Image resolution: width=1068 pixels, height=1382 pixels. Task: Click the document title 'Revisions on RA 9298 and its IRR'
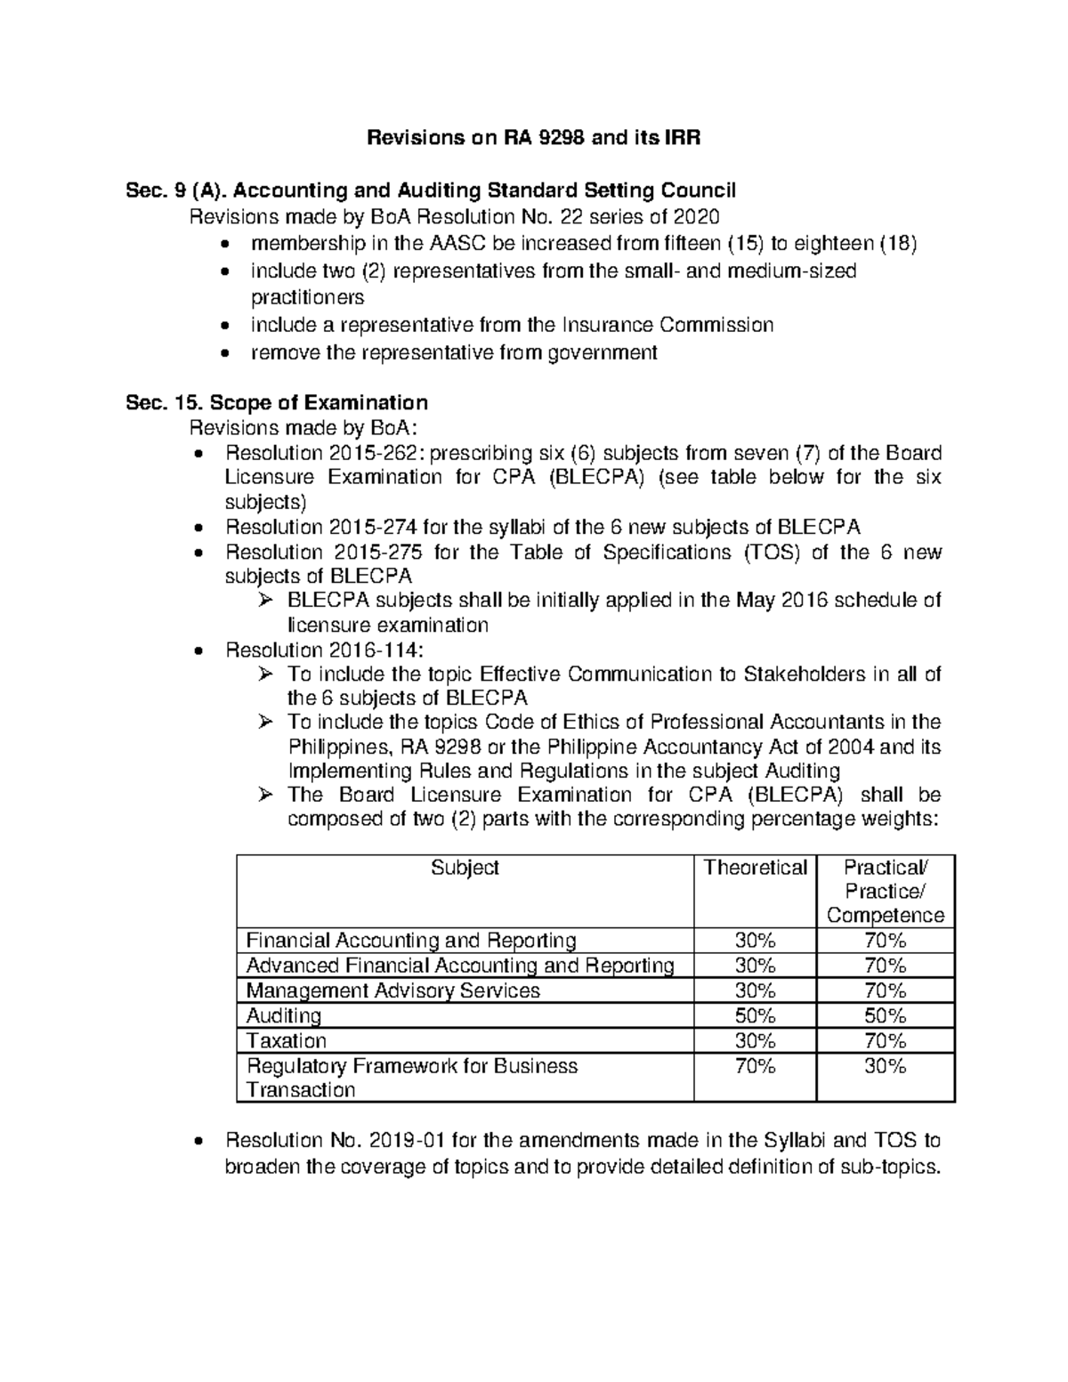535,138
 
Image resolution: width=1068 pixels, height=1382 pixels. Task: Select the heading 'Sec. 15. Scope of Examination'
277,402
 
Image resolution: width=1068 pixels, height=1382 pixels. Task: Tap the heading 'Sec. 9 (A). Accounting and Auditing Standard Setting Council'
431,190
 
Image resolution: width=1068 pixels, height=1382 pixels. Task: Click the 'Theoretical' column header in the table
755,868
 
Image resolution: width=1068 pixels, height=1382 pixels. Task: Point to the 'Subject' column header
465,868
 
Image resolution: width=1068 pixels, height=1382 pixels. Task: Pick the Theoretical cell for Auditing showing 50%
755,1016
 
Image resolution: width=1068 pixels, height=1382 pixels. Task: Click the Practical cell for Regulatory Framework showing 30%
885,1066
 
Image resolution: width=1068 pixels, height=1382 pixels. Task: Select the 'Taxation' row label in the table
287,1041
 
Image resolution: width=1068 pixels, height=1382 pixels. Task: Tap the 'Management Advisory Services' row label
392,991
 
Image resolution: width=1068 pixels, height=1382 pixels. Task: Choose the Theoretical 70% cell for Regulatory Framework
755,1066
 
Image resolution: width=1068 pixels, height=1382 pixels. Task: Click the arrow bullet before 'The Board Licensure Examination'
263,796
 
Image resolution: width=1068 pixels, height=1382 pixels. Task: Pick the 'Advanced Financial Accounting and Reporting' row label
459,966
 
